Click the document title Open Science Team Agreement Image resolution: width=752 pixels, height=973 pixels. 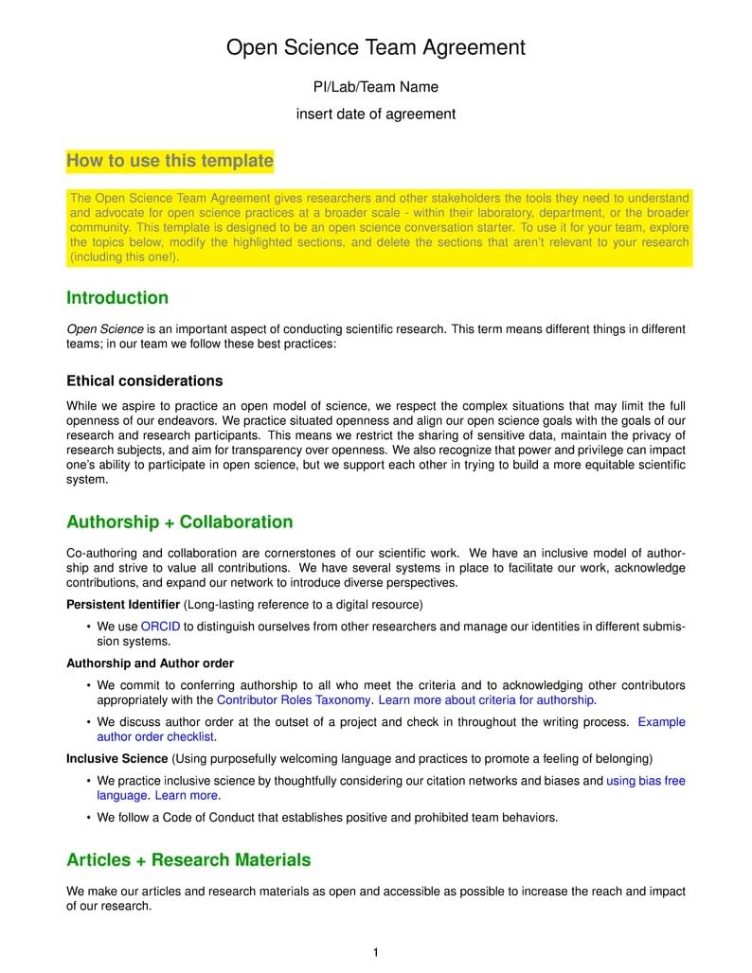[375, 47]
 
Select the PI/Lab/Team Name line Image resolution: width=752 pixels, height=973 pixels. [375, 87]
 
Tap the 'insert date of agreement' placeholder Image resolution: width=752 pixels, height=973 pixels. [375, 115]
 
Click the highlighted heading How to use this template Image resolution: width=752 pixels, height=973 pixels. [170, 161]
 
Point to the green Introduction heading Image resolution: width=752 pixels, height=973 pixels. [117, 298]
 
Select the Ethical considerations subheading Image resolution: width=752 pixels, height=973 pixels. [144, 381]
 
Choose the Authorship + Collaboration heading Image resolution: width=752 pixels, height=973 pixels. [179, 522]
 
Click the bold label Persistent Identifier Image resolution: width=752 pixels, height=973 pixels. [123, 604]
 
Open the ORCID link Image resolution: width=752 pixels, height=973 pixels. [160, 627]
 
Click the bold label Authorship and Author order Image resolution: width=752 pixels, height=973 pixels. [150, 663]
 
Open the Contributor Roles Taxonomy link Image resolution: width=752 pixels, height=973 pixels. [294, 700]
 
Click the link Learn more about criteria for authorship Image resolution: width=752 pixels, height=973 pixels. [486, 700]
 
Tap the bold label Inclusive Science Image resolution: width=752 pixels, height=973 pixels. [116, 759]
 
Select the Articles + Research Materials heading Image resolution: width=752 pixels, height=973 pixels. [188, 860]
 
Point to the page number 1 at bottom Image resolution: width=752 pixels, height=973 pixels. [376, 953]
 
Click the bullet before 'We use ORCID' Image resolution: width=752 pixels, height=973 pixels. [88, 627]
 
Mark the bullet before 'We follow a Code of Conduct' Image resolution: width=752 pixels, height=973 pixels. [88, 818]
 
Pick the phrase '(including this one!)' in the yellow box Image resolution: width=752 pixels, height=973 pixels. [124, 257]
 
